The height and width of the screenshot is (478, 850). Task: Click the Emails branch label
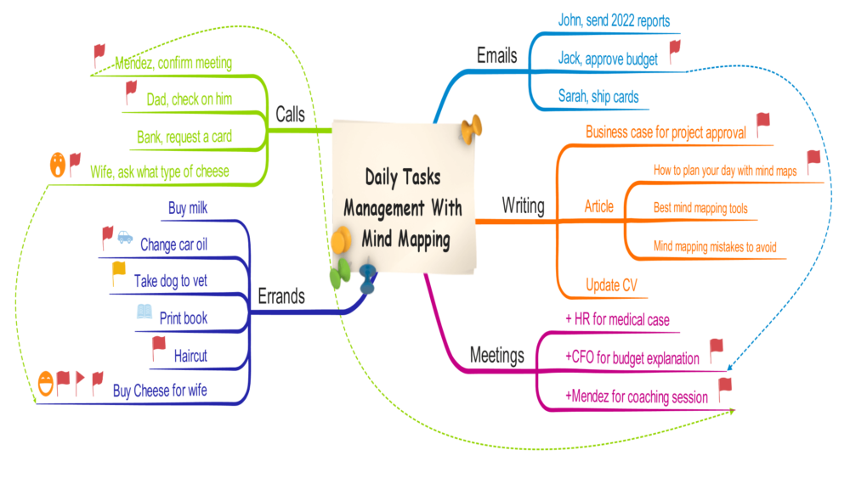pos(496,57)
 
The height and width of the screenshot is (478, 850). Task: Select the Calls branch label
pos(292,114)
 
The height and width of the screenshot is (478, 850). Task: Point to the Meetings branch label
pos(497,355)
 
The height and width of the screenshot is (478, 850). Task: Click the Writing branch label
pos(523,205)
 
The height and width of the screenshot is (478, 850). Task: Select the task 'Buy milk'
pos(188,208)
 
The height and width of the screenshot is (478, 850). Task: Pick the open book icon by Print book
pos(145,312)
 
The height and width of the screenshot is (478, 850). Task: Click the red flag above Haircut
pos(158,345)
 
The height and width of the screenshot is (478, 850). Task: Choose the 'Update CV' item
pos(613,284)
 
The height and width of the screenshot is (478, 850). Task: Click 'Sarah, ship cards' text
pos(598,96)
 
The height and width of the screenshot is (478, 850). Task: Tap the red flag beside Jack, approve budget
pos(675,50)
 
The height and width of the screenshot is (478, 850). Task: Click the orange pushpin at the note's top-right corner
pos(470,128)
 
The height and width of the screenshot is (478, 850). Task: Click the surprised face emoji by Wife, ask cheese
pos(57,163)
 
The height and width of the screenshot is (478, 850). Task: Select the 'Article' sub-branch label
pos(598,206)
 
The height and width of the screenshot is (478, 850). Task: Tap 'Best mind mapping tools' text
pos(700,208)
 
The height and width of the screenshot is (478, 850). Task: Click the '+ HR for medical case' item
pos(617,320)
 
